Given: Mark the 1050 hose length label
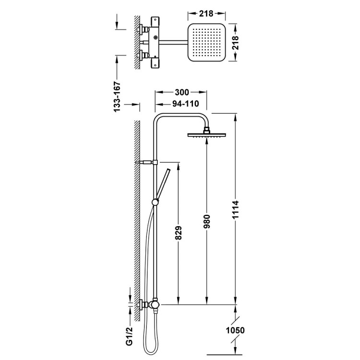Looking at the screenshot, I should [x=235, y=330].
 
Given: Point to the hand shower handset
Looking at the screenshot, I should [x=164, y=183].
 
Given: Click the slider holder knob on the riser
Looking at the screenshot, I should [x=155, y=202].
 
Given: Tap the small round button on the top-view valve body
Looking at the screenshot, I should [x=156, y=37].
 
